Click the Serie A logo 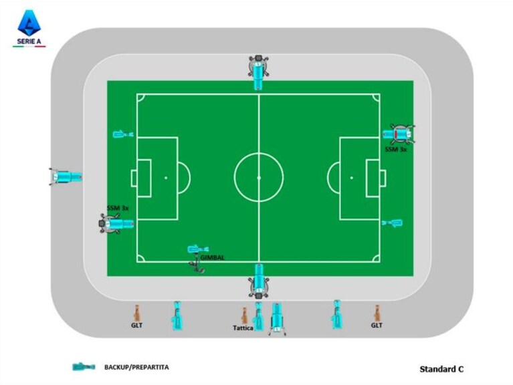point(29,28)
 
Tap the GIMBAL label point(213,257)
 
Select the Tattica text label point(243,328)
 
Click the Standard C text point(441,369)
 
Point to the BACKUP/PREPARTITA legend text point(136,367)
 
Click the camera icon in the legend point(84,367)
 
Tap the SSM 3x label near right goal point(395,149)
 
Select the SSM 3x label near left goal point(118,208)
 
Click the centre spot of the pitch point(259,178)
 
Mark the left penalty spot point(166,178)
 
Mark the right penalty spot point(351,178)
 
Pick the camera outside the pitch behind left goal point(66,177)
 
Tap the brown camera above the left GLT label point(136,313)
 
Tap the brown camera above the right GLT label point(377,313)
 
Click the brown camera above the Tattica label point(244,315)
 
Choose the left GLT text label point(136,326)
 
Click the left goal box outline point(144,160)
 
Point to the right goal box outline point(373,160)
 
